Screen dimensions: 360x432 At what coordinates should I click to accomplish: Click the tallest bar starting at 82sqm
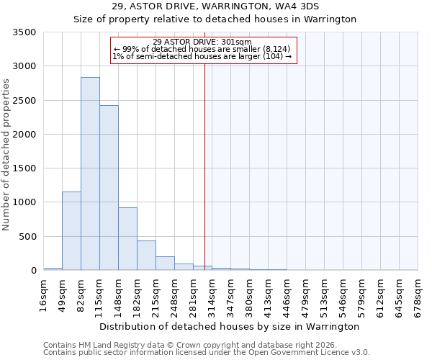coord(90,174)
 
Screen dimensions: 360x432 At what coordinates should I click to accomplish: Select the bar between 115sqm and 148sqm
coord(109,187)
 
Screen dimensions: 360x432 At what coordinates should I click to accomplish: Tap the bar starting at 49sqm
coord(71,230)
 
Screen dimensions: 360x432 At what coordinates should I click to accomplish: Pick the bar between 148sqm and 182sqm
coord(127,238)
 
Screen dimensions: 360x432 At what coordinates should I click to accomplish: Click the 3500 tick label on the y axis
coord(25,32)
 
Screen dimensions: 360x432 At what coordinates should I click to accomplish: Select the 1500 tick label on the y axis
coord(25,168)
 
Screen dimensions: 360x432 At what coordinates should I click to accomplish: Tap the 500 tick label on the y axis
coord(28,237)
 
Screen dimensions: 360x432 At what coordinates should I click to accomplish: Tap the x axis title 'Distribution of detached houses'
coord(229,326)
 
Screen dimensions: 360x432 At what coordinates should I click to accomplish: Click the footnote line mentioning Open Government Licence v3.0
coord(207,352)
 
